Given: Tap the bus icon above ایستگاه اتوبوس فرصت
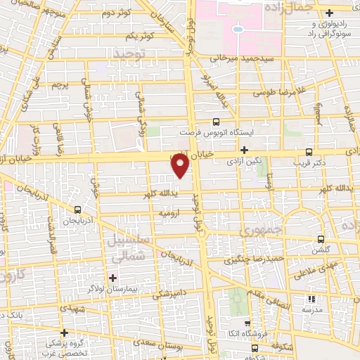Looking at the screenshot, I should pyautogui.click(x=215, y=120).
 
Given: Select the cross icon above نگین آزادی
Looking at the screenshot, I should pyautogui.click(x=244, y=150).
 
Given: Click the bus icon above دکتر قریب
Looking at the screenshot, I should pyautogui.click(x=309, y=151).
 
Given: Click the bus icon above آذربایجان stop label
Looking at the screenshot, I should pyautogui.click(x=77, y=209).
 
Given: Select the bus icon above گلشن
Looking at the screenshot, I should pyautogui.click(x=321, y=238).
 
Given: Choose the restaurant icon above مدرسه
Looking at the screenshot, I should pyautogui.click(x=306, y=298).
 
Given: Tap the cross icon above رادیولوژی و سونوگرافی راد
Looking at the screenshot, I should pyautogui.click(x=329, y=13).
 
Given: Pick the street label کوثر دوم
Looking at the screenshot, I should pyautogui.click(x=117, y=15).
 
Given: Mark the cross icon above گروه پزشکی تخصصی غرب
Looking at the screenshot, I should pyautogui.click(x=64, y=332).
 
